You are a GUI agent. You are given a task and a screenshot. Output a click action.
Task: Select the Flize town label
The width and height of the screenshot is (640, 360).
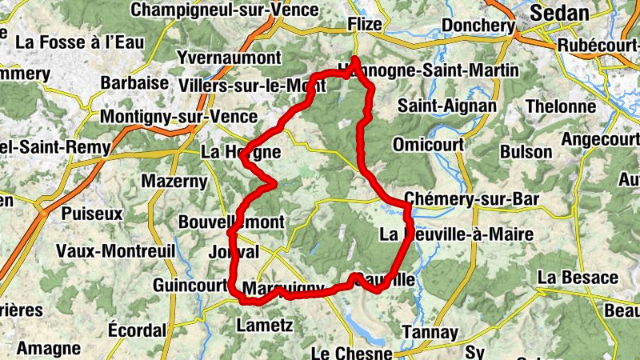pyautogui.click(x=365, y=26)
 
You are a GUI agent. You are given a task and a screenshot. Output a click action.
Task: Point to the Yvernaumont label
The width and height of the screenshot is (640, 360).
pyautogui.click(x=230, y=58)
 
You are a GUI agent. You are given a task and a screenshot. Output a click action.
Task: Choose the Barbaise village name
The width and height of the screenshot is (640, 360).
pyautogui.click(x=135, y=83)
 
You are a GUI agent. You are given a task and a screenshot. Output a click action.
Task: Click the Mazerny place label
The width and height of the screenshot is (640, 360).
pyautogui.click(x=174, y=181)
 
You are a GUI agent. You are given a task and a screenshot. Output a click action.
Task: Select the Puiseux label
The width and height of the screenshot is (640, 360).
pyautogui.click(x=92, y=214)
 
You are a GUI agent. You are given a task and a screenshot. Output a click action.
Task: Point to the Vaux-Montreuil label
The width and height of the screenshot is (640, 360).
pyautogui.click(x=115, y=250)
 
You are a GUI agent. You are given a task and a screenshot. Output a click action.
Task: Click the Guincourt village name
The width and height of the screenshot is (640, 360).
pyautogui.click(x=190, y=286)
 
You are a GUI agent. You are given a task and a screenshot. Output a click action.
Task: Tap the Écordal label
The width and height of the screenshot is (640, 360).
pyautogui.click(x=138, y=330)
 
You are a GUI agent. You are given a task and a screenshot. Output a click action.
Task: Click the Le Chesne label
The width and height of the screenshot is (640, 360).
pyautogui.click(x=352, y=353)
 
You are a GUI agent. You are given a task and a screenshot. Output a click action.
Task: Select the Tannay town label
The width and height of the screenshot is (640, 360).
pyautogui.click(x=430, y=332)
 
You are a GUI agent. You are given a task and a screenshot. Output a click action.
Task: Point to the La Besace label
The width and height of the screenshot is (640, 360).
pyautogui.click(x=578, y=278)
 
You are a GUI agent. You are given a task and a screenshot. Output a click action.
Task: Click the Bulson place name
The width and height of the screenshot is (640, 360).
pyautogui.click(x=526, y=151)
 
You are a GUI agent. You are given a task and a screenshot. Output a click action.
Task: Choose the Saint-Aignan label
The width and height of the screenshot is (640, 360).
pyautogui.click(x=447, y=106)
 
